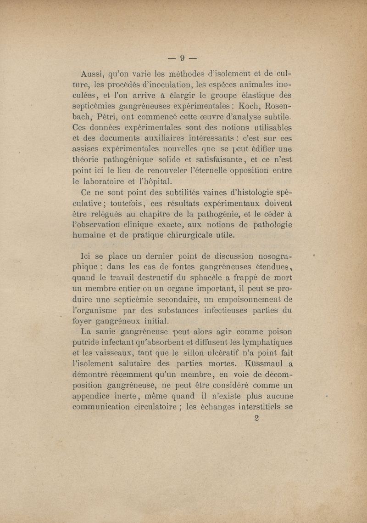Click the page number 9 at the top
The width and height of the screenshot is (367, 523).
point(182,58)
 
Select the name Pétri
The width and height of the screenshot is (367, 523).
point(105,116)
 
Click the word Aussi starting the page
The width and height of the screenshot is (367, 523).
point(93,74)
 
